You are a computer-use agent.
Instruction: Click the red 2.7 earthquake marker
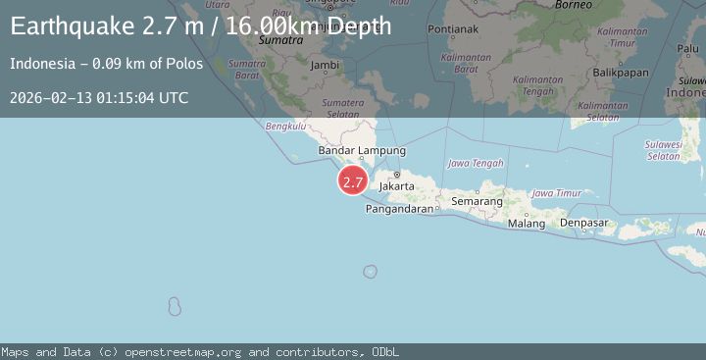coord(353,181)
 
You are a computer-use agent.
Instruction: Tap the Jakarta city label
coord(397,184)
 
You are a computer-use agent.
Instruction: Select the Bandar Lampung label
coord(362,150)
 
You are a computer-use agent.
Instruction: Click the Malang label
coord(527,224)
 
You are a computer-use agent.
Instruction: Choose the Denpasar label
coord(584,224)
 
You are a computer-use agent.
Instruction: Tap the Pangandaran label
coord(398,209)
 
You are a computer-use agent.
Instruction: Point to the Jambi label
coord(324,65)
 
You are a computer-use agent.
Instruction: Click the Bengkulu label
coord(286,126)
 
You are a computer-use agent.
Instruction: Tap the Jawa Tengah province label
coord(475,163)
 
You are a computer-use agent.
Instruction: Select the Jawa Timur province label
coord(556,193)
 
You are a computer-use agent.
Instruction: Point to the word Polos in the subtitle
coord(185,64)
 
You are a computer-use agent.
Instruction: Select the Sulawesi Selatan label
coord(664,150)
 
